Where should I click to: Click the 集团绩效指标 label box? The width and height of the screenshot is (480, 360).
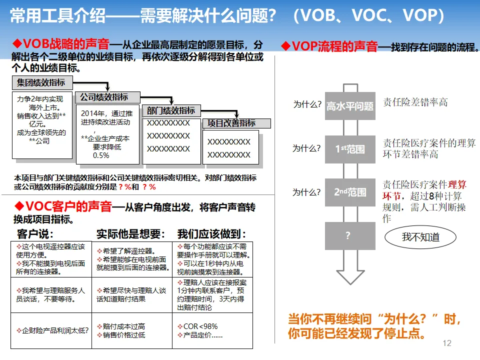[x=41, y=82]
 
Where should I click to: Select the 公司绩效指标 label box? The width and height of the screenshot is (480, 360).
[x=104, y=97]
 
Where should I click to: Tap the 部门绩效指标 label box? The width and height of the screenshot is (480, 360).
[x=171, y=110]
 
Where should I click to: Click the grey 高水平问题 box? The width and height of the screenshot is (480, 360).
[x=350, y=106]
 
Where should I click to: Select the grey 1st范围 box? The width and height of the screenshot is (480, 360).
[x=350, y=149]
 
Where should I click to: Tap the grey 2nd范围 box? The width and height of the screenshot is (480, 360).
[x=350, y=192]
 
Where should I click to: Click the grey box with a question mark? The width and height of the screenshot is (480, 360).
[x=350, y=236]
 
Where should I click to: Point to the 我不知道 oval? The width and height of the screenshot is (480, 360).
[x=420, y=237]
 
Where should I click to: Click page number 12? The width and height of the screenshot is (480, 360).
[x=447, y=343]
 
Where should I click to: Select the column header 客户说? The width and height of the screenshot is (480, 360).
[x=35, y=234]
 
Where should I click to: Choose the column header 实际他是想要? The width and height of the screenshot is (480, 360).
[x=130, y=234]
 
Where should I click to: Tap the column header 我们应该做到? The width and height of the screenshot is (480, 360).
[x=211, y=234]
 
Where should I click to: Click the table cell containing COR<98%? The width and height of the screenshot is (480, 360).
[x=212, y=330]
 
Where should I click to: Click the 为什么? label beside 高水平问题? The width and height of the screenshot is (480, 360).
[x=306, y=105]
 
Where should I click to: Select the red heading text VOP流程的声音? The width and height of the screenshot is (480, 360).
[x=334, y=46]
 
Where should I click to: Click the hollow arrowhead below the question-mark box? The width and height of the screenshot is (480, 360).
[x=350, y=275]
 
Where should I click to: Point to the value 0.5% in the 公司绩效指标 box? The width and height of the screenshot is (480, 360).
[x=101, y=155]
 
